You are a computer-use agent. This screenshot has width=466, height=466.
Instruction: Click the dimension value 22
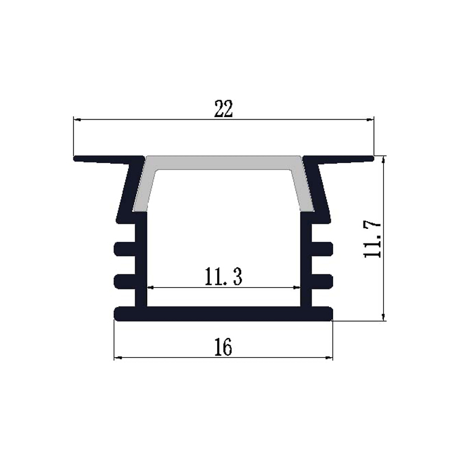(x=223, y=110)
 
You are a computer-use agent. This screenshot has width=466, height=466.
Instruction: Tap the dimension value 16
(x=223, y=347)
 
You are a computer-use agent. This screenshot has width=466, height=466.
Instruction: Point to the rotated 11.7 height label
(x=372, y=239)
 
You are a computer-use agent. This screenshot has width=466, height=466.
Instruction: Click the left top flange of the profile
(x=105, y=158)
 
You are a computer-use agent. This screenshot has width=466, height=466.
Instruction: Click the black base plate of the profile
(x=223, y=314)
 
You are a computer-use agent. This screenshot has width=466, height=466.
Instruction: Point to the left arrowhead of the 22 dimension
(x=76, y=120)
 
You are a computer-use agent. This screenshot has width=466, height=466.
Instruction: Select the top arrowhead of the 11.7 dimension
(x=383, y=159)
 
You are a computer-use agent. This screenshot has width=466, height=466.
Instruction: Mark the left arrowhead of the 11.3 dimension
(x=150, y=287)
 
